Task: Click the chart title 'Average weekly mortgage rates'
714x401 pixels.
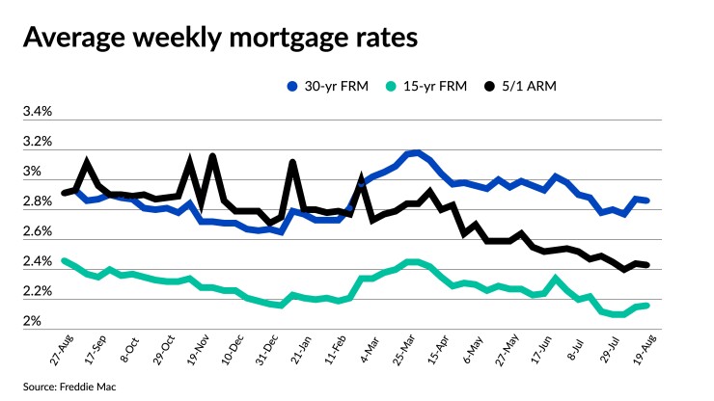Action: click(220, 39)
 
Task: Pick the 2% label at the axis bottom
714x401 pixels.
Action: click(32, 320)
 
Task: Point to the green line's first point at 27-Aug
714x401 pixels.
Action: click(64, 260)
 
